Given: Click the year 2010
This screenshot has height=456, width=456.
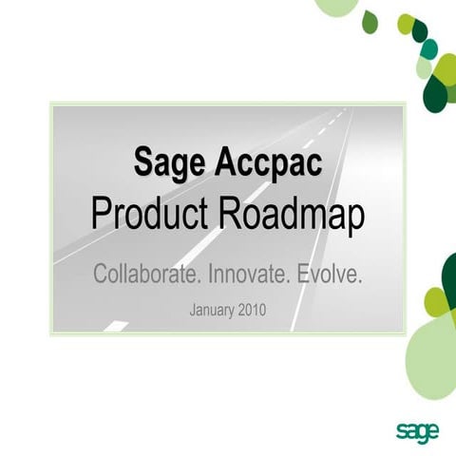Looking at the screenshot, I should tap(254, 310).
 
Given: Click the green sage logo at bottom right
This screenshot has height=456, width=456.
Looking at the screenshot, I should tap(418, 432).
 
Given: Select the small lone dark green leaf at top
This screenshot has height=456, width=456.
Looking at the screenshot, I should tap(370, 21).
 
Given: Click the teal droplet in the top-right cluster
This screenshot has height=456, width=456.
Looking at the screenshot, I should tap(429, 48).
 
